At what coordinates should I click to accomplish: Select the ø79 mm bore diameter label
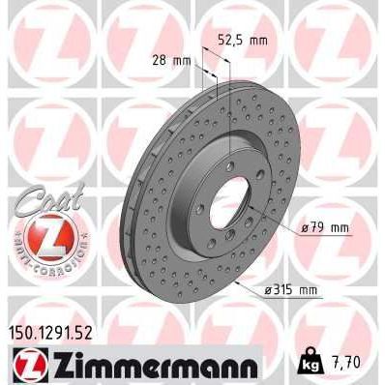pos(324,227)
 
